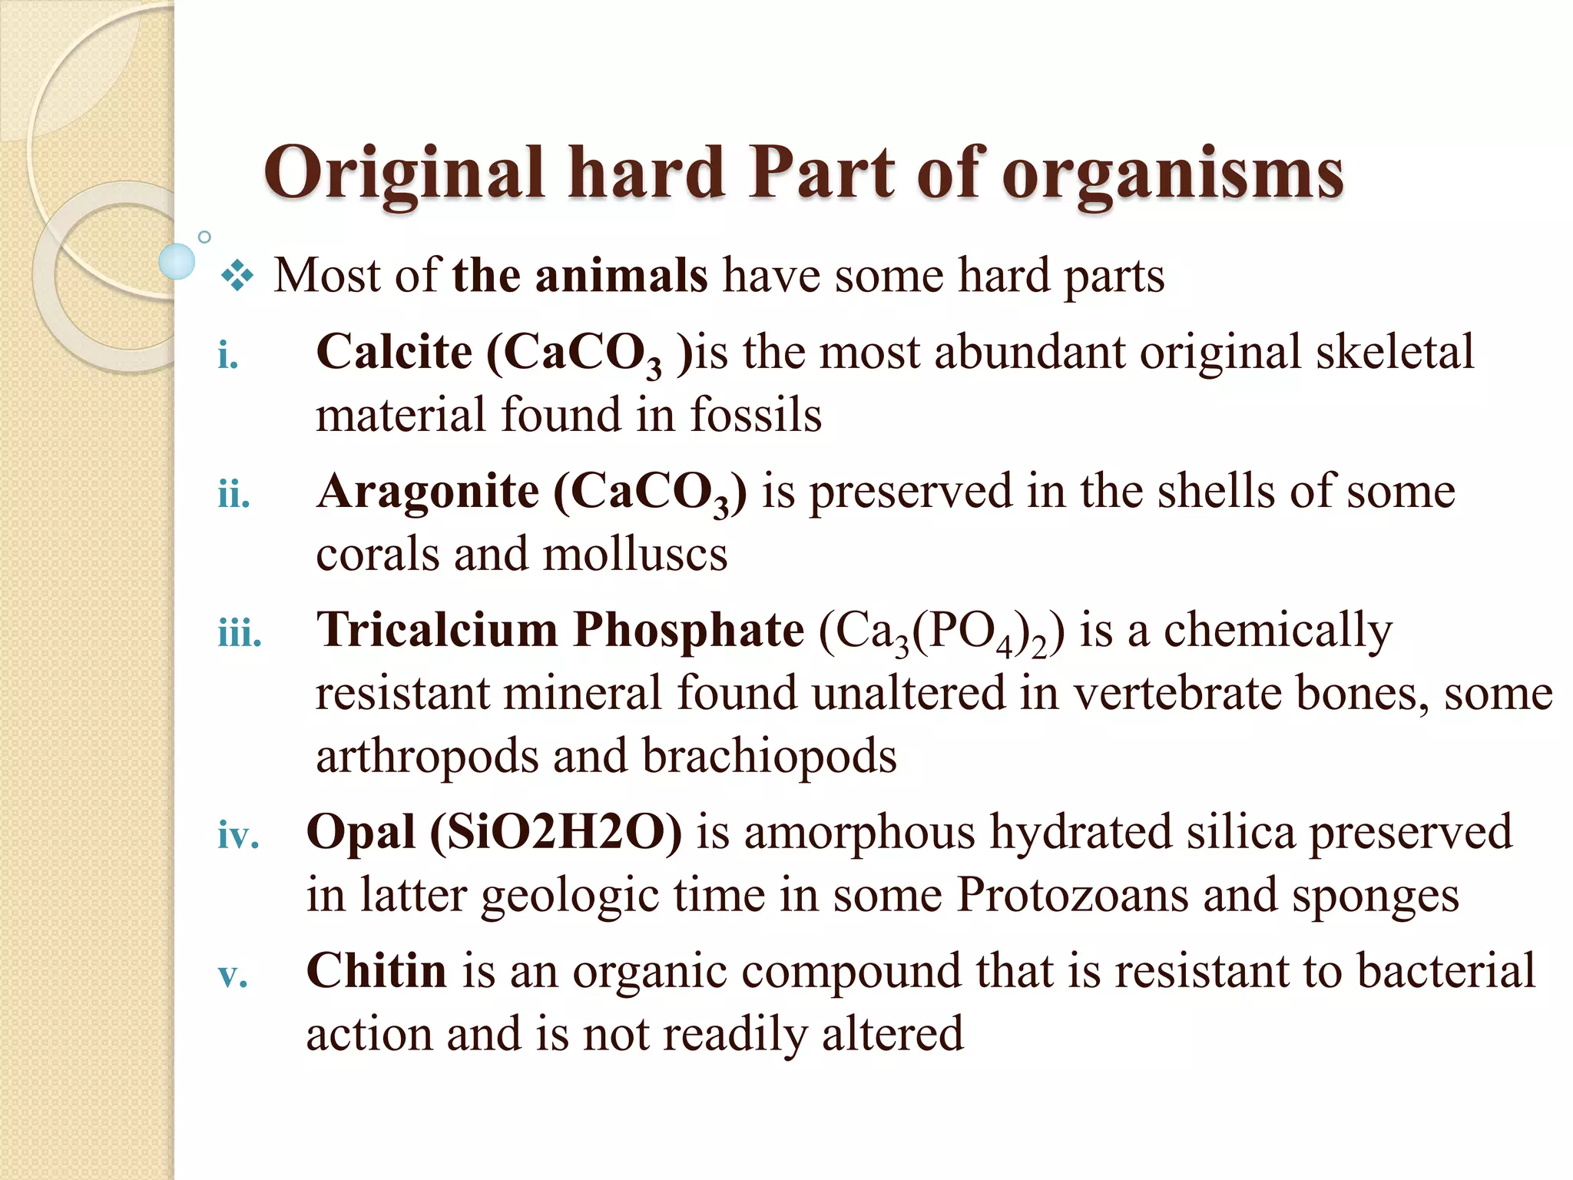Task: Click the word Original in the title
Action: coord(403,174)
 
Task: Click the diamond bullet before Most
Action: coord(237,277)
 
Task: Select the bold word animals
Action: coord(621,275)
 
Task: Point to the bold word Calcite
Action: coord(394,352)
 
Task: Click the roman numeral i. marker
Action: coord(228,356)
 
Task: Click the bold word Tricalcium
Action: coord(438,630)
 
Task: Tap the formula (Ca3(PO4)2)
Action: coord(942,633)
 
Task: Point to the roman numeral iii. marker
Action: coord(240,634)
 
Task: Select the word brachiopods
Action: coord(769,756)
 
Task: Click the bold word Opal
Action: coord(361,832)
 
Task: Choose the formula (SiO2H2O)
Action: coord(555,832)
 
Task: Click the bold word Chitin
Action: coord(376,971)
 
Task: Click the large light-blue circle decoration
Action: coord(177,261)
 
